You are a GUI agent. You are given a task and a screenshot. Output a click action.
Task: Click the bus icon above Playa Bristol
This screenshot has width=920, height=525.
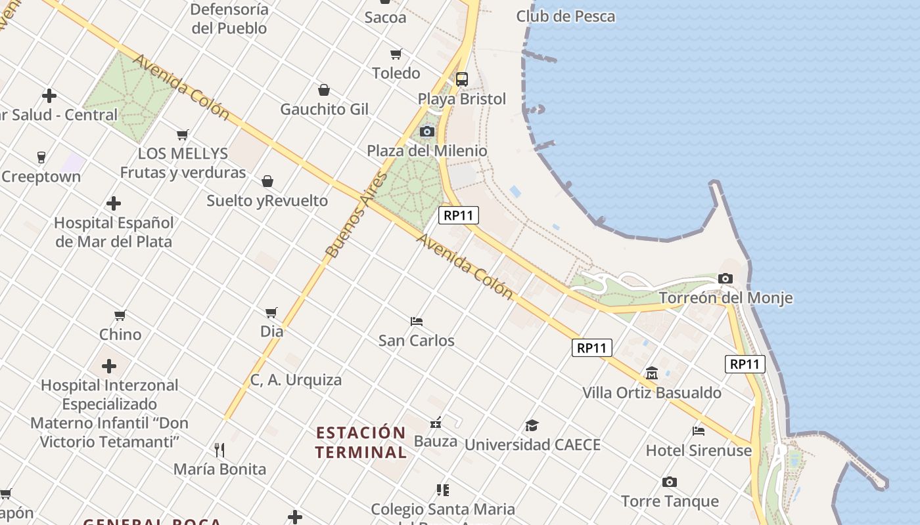coord(462,79)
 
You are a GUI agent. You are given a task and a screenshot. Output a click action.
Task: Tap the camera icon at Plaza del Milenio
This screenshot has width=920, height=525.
coord(427,131)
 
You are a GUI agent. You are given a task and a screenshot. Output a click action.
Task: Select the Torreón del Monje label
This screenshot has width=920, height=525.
coord(725,298)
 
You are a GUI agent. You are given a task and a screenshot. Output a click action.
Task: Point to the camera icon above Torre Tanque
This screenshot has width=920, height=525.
coord(670,482)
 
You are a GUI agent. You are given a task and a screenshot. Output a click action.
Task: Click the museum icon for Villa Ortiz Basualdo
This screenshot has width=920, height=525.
coord(652,373)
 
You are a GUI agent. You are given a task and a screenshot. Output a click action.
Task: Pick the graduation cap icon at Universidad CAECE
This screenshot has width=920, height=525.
coord(532,425)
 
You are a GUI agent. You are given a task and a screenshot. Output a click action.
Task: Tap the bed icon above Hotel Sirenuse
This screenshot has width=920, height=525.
coord(699,431)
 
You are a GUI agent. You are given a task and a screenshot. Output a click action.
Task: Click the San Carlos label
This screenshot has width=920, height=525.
coord(417,341)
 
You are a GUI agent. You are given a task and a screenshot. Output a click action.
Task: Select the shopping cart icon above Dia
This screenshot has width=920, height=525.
coord(271,312)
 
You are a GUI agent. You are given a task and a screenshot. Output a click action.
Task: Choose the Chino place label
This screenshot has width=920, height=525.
coord(120,335)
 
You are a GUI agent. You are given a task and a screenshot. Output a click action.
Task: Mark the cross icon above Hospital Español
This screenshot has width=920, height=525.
coord(114,203)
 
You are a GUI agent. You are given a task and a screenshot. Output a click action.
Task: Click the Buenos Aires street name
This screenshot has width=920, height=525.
coord(356,215)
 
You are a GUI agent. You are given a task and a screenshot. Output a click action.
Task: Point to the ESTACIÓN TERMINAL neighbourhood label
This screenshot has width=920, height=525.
coord(361,442)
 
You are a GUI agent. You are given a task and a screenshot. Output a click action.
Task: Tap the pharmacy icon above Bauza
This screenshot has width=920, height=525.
coord(435,423)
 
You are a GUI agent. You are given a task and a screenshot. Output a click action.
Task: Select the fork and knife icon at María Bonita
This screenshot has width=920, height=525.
coord(219,450)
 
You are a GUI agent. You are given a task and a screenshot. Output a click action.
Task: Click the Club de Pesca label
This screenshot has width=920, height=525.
coord(565,16)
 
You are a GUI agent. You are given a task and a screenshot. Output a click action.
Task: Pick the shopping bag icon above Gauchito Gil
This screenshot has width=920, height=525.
coord(324,90)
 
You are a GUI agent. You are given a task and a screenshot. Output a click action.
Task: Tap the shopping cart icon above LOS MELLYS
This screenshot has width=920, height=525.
coord(183,135)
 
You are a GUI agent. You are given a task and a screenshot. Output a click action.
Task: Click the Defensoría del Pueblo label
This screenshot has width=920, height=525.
coord(229,19)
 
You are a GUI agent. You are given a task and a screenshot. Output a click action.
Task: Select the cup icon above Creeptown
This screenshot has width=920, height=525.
coord(41,157)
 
